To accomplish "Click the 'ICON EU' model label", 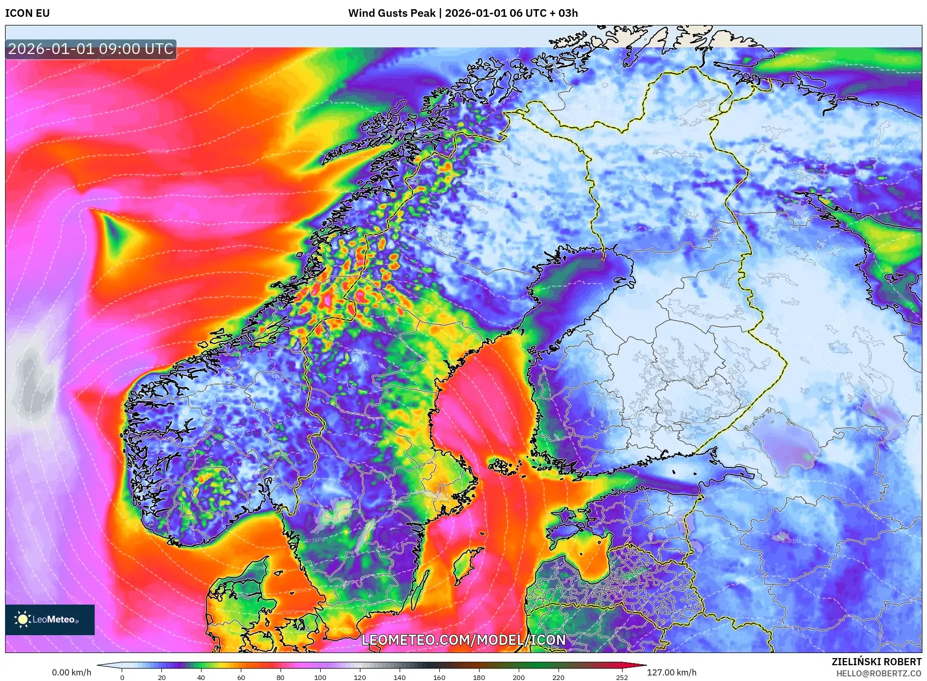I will click(27, 13).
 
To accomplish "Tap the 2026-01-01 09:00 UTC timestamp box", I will click(91, 49).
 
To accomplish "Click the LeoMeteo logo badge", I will click(50, 619).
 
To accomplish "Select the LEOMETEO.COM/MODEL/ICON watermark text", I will click(463, 640).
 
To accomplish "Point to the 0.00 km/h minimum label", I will click(71, 672).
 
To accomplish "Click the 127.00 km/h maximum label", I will click(671, 672).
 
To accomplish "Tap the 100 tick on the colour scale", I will click(320, 677).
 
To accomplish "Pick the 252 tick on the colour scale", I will click(622, 677).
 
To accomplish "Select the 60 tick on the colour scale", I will click(241, 677).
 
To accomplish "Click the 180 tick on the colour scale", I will click(479, 677).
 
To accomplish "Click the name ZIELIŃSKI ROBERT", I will click(876, 662).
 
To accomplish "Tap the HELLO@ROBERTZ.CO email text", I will click(879, 673).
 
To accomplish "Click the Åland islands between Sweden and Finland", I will click(504, 466).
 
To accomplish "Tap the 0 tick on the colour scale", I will click(122, 677).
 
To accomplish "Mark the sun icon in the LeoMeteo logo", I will click(22, 619).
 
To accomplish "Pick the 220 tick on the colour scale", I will click(558, 677).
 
